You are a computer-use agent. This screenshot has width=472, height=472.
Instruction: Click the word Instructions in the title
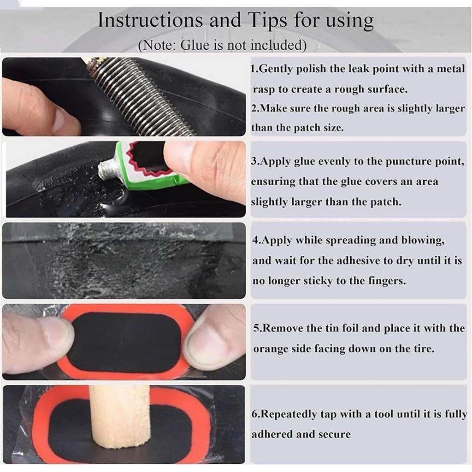[150, 20]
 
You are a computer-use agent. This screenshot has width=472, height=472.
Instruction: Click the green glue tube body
[147, 165]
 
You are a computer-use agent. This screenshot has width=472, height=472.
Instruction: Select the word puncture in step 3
[408, 162]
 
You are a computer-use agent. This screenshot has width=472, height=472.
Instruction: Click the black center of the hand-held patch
[126, 342]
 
